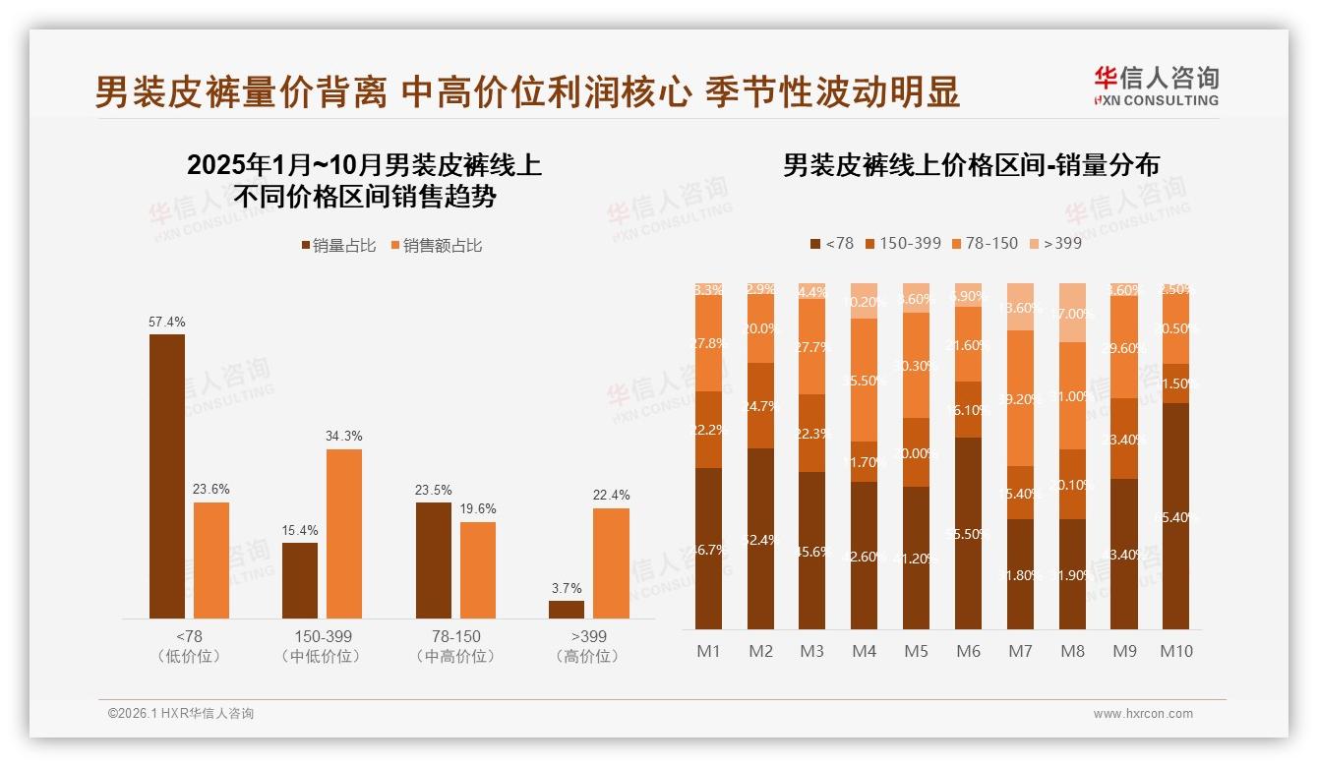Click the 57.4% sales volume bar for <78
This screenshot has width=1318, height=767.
point(167,476)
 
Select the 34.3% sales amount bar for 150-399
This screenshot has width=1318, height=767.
point(344,533)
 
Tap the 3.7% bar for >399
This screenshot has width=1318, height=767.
point(567,609)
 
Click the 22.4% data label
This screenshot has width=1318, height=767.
point(611,495)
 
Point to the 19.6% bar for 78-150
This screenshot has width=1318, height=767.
point(478,569)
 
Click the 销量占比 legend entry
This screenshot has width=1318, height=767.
point(337,246)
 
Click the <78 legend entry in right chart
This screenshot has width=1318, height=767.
point(832,243)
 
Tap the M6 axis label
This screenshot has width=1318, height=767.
point(968,651)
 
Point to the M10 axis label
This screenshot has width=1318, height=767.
point(1175,651)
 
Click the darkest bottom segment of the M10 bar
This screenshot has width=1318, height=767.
point(1175,516)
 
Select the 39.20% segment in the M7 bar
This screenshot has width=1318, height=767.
point(1020,398)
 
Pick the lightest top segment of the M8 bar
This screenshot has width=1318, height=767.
point(1072,313)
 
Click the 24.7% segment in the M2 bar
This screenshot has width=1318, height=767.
point(760,405)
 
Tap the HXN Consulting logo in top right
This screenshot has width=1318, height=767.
point(1156,86)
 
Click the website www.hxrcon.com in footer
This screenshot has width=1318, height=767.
point(1142,714)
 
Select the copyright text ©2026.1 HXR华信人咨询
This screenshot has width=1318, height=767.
point(180,714)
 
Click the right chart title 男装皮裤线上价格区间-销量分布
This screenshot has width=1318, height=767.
point(971,165)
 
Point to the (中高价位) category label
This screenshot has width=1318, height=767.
point(455,656)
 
